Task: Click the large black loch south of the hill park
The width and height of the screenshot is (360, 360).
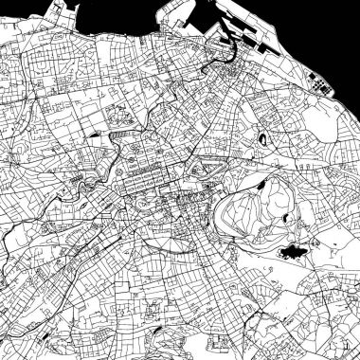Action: (292, 252)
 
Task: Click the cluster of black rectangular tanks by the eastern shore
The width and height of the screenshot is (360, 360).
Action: (322, 87)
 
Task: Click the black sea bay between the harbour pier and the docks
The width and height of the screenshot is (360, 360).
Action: (142, 14)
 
